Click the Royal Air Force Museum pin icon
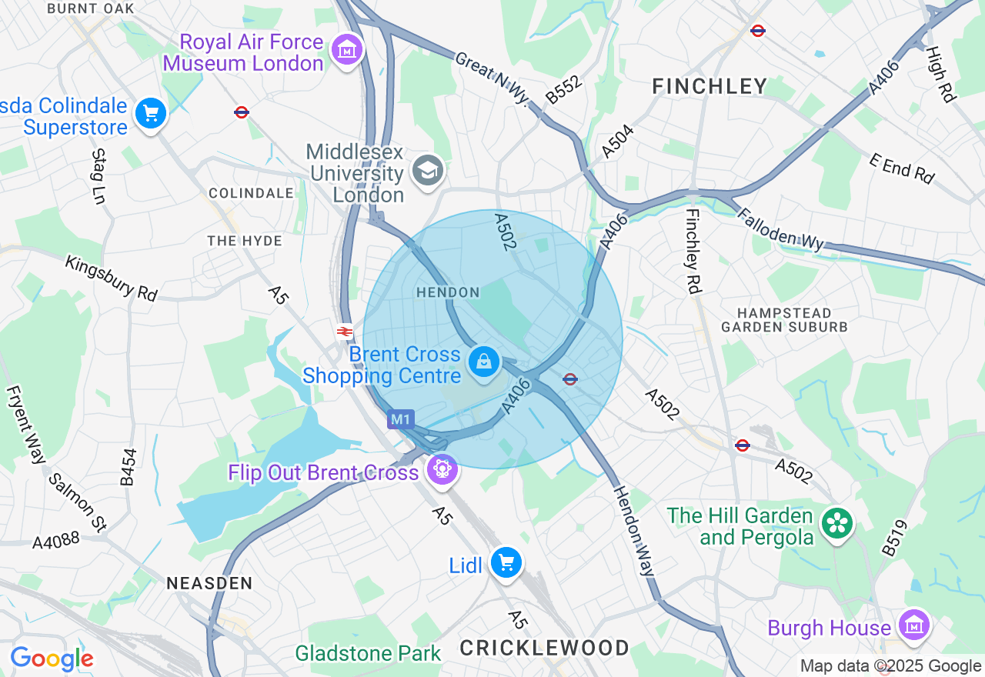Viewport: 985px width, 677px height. click(x=347, y=50)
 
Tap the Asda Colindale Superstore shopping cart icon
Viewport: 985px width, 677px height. click(x=151, y=115)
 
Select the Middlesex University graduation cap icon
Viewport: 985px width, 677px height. click(x=428, y=171)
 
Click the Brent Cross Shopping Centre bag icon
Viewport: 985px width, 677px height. click(x=484, y=362)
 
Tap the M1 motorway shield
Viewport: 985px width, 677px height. click(x=400, y=419)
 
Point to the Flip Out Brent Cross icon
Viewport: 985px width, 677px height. click(x=442, y=469)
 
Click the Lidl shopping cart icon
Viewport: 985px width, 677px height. click(x=506, y=564)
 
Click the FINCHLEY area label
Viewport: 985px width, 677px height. click(x=710, y=86)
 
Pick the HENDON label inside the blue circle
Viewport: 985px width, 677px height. click(x=448, y=292)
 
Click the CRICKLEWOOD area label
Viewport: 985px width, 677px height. click(x=545, y=648)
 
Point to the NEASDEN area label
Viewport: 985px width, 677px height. click(x=209, y=583)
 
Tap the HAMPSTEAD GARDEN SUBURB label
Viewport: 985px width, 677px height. click(x=784, y=319)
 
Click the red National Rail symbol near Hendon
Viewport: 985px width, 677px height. click(x=344, y=332)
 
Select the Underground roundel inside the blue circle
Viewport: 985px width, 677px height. click(x=570, y=379)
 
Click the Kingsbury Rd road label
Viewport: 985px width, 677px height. click(x=111, y=278)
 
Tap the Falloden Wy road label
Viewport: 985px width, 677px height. click(x=780, y=229)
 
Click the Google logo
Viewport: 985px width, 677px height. click(x=52, y=659)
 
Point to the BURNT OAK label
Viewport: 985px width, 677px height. click(x=91, y=8)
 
